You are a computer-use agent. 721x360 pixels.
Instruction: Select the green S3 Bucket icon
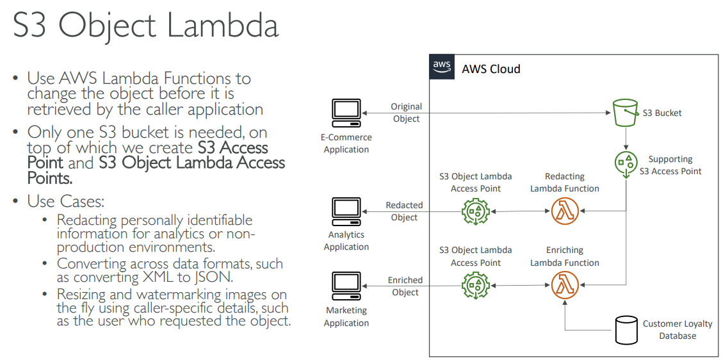(x=626, y=113)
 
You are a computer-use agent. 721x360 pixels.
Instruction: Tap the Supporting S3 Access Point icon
(x=626, y=163)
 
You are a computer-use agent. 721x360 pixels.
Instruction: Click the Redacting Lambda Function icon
(x=564, y=211)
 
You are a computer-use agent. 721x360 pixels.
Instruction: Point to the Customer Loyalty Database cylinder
(x=626, y=329)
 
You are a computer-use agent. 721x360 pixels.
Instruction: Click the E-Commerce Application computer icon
(x=346, y=113)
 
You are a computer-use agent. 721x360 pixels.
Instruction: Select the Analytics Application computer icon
(x=346, y=211)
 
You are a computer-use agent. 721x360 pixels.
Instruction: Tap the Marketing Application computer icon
(x=346, y=286)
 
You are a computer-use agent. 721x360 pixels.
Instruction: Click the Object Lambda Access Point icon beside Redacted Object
(x=475, y=211)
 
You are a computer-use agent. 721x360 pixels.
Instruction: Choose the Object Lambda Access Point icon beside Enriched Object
(x=475, y=286)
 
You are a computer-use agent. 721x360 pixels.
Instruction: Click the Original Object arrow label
(x=406, y=113)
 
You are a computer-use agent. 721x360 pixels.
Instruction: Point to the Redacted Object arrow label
(x=404, y=211)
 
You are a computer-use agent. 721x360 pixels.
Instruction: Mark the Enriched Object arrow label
(x=405, y=286)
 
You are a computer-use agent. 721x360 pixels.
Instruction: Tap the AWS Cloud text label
(x=491, y=69)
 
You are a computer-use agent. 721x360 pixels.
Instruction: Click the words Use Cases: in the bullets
(x=65, y=201)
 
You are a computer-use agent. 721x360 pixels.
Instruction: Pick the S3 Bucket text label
(x=662, y=113)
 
